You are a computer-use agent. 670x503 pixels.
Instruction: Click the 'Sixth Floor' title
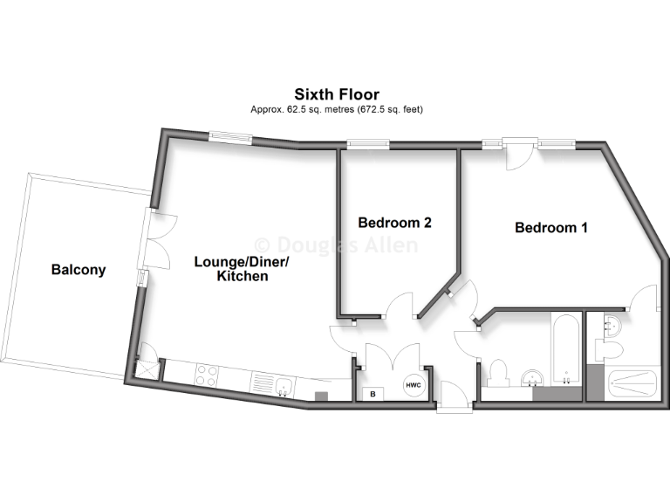click(x=336, y=93)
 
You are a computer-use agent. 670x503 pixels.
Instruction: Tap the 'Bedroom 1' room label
click(x=550, y=228)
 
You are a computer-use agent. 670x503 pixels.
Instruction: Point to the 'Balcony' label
click(x=78, y=270)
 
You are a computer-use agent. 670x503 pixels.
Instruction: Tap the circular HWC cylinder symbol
click(x=412, y=386)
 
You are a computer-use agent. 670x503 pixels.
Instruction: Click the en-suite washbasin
click(x=611, y=327)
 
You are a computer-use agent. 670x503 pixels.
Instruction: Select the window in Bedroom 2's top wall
click(x=367, y=144)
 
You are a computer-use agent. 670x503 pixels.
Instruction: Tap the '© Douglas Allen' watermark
click(x=335, y=245)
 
